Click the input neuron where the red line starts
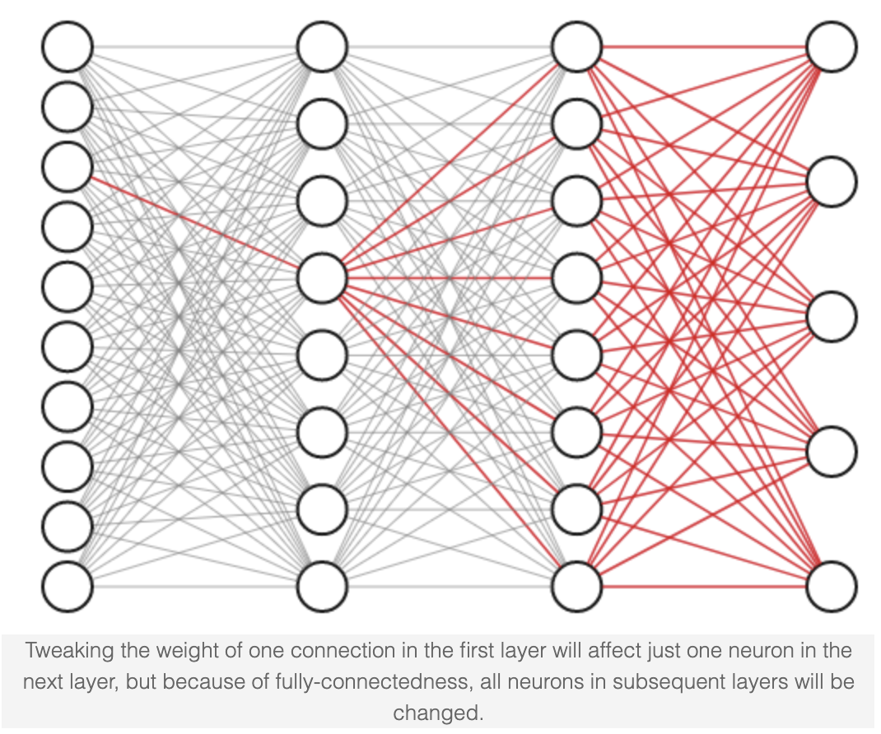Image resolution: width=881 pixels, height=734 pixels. (x=68, y=166)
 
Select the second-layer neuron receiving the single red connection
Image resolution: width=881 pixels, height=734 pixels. (x=322, y=278)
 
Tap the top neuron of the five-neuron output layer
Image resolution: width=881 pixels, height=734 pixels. (x=831, y=47)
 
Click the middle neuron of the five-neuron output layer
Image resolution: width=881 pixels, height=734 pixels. (x=831, y=317)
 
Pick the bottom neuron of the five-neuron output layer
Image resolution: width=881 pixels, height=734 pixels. (x=831, y=587)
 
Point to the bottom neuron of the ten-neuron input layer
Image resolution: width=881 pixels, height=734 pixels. (x=68, y=587)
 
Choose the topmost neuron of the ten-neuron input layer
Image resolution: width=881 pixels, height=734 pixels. (x=68, y=47)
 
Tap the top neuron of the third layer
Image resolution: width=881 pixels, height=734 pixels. (x=576, y=47)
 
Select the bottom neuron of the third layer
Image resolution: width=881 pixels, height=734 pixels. (x=576, y=587)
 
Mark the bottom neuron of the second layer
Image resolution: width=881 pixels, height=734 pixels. (x=322, y=587)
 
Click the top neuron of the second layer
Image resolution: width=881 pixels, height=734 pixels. (x=322, y=47)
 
